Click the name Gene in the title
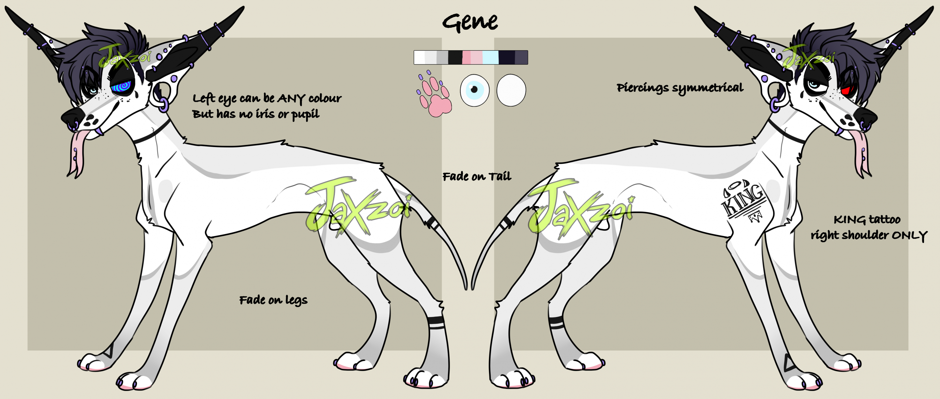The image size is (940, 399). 470,22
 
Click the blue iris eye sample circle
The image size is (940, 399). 474,90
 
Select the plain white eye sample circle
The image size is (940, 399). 511,90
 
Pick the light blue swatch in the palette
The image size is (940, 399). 491,58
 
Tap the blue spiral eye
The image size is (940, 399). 121,86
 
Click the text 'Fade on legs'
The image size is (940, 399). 273,300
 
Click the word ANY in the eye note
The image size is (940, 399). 291,99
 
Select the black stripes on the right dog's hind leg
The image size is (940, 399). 556,323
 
